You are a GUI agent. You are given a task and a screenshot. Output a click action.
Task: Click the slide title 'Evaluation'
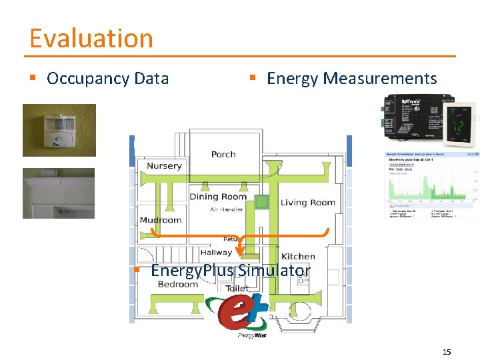91,38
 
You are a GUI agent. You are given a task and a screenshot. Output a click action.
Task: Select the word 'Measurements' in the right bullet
379,79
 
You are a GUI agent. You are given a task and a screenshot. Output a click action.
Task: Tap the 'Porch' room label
223,154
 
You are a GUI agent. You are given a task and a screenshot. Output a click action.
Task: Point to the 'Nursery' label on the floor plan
164,166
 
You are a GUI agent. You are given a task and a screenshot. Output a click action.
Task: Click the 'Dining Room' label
218,196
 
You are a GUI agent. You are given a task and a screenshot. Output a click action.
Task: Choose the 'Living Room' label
307,203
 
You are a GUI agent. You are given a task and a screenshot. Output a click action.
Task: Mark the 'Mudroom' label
161,220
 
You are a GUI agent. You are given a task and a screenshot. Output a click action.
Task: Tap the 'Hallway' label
216,252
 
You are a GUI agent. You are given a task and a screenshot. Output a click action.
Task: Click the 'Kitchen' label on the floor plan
298,256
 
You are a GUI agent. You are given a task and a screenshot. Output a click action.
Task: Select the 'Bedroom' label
178,284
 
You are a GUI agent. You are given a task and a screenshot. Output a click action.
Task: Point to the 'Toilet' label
237,289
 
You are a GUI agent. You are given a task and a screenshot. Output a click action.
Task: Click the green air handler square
262,201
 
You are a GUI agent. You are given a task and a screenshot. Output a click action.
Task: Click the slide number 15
446,351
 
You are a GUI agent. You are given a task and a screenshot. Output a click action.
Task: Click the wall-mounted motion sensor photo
59,130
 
